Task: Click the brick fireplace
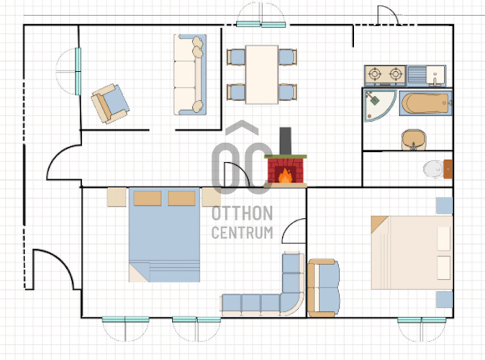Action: pos(285,171)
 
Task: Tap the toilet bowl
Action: pos(434,169)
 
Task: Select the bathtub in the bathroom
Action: pos(426,104)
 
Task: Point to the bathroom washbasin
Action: pos(414,140)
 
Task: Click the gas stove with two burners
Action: pos(385,75)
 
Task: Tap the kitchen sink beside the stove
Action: pos(426,76)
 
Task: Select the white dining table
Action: pos(262,75)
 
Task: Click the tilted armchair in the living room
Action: pos(110,104)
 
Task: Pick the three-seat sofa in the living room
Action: pos(190,75)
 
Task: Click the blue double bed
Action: pos(164,235)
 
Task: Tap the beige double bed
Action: pos(412,253)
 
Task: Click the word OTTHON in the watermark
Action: pos(242,214)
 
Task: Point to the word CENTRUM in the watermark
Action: pos(242,233)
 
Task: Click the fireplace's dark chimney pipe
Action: pos(285,141)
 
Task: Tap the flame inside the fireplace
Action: pos(285,176)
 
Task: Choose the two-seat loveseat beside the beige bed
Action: pos(324,288)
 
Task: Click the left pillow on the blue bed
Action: pos(148,198)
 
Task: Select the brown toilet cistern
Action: pos(448,169)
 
